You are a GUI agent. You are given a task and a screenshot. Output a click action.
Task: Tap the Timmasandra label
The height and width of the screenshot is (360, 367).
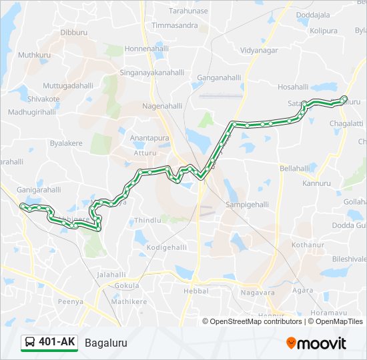[x=175, y=25]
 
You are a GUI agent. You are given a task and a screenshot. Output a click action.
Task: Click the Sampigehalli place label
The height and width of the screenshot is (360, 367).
[x=246, y=204]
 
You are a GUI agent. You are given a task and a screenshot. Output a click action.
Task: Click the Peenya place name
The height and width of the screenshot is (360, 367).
[x=70, y=301]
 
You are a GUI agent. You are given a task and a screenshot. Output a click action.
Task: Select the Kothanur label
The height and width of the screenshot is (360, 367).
[x=308, y=245]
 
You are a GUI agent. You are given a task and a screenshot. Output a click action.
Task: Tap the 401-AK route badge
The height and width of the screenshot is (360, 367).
[x=49, y=343]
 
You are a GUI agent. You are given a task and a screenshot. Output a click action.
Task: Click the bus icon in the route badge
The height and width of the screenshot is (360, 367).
[x=30, y=343]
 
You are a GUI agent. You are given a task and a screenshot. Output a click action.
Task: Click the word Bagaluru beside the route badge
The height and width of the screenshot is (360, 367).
[x=105, y=343]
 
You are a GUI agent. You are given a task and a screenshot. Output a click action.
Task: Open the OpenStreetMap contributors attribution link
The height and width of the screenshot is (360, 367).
[x=256, y=321]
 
